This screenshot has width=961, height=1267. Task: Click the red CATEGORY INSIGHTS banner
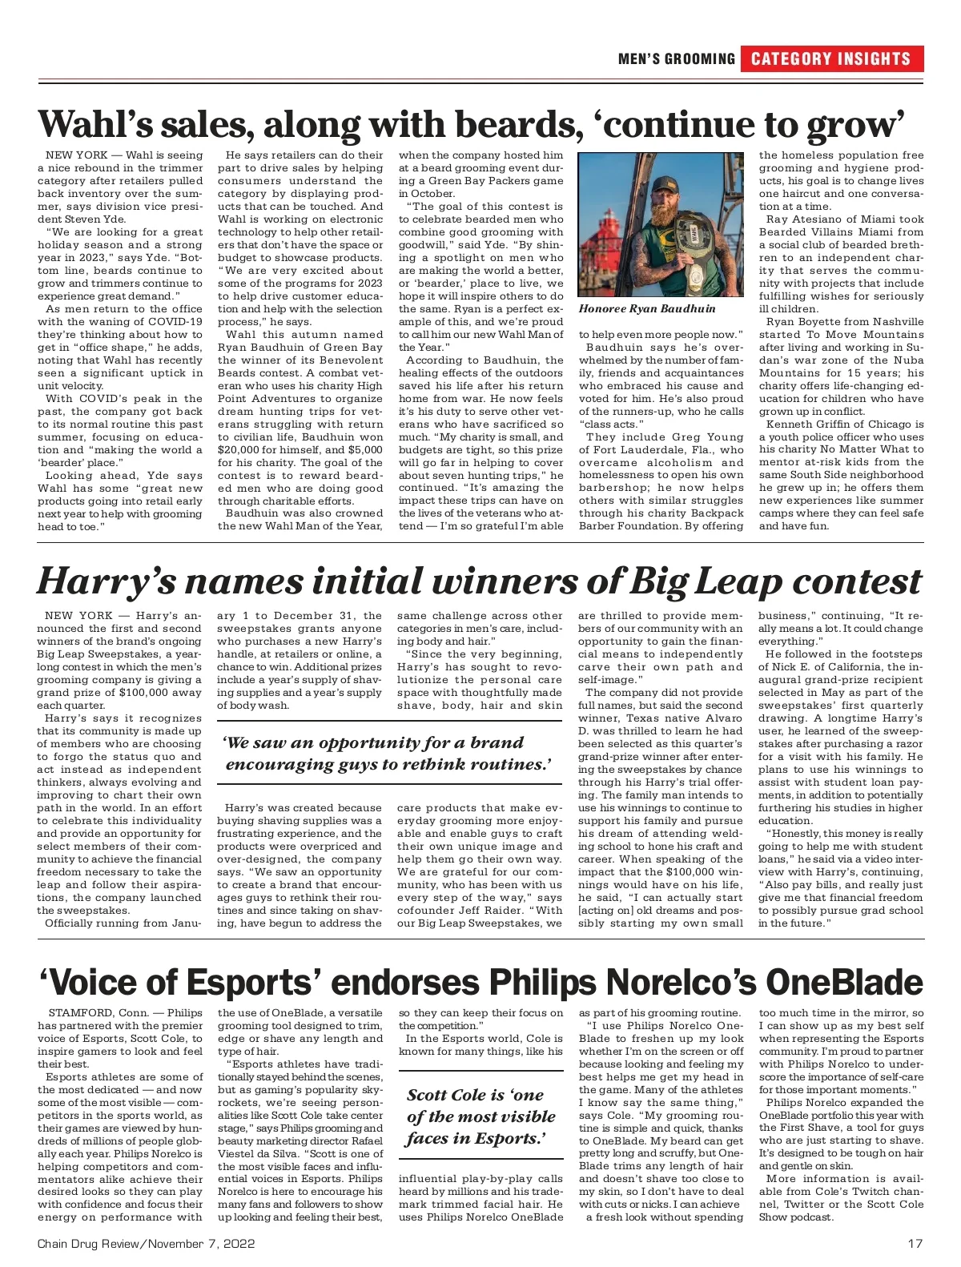pyautogui.click(x=831, y=58)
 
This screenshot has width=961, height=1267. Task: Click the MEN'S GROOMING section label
pyautogui.click(x=677, y=58)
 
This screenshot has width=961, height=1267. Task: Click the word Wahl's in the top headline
pyautogui.click(x=94, y=124)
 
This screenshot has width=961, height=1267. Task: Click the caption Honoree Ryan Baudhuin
pyautogui.click(x=647, y=308)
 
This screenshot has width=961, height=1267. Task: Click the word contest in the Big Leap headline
pyautogui.click(x=858, y=581)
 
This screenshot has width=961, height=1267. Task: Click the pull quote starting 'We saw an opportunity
pyautogui.click(x=388, y=754)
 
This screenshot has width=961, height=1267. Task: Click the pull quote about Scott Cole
pyautogui.click(x=480, y=1116)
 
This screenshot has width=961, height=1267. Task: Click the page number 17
pyautogui.click(x=915, y=1244)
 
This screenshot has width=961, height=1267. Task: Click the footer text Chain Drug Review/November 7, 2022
pyautogui.click(x=146, y=1244)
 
